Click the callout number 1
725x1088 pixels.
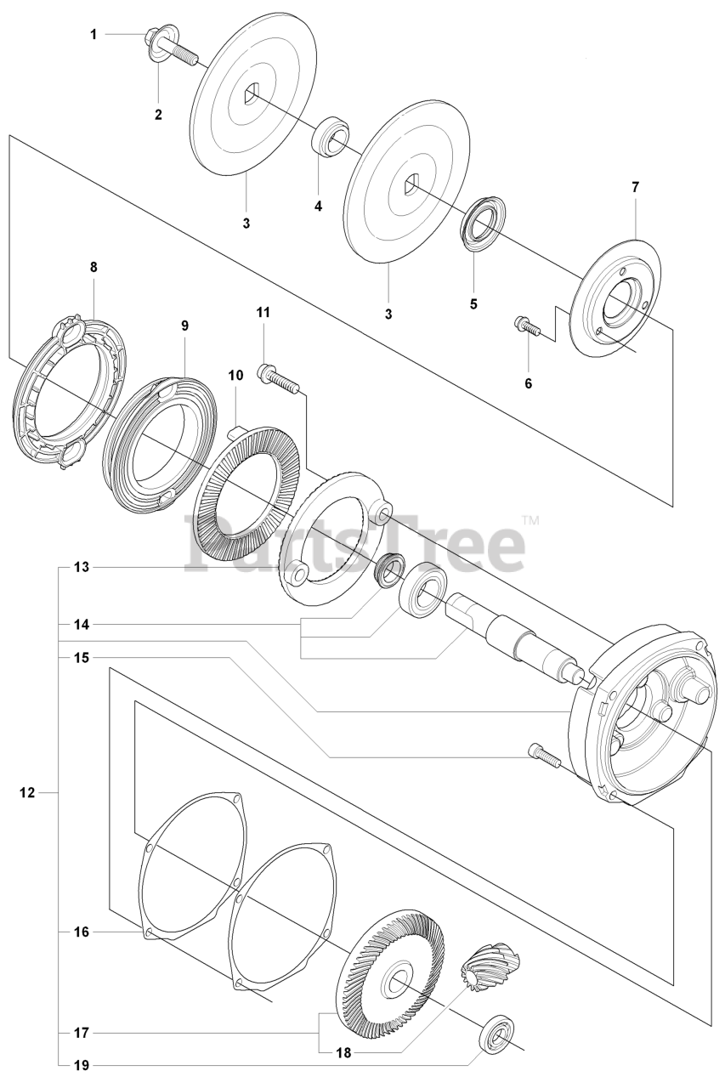point(94,34)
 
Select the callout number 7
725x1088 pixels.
point(635,186)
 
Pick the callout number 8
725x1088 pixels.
point(93,267)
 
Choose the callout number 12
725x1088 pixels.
point(27,792)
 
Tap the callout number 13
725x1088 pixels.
point(81,566)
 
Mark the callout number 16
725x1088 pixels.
point(81,932)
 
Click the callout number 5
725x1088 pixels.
point(474,303)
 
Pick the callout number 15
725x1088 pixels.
point(81,657)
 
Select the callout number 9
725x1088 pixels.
point(184,326)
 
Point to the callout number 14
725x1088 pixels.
point(81,624)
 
